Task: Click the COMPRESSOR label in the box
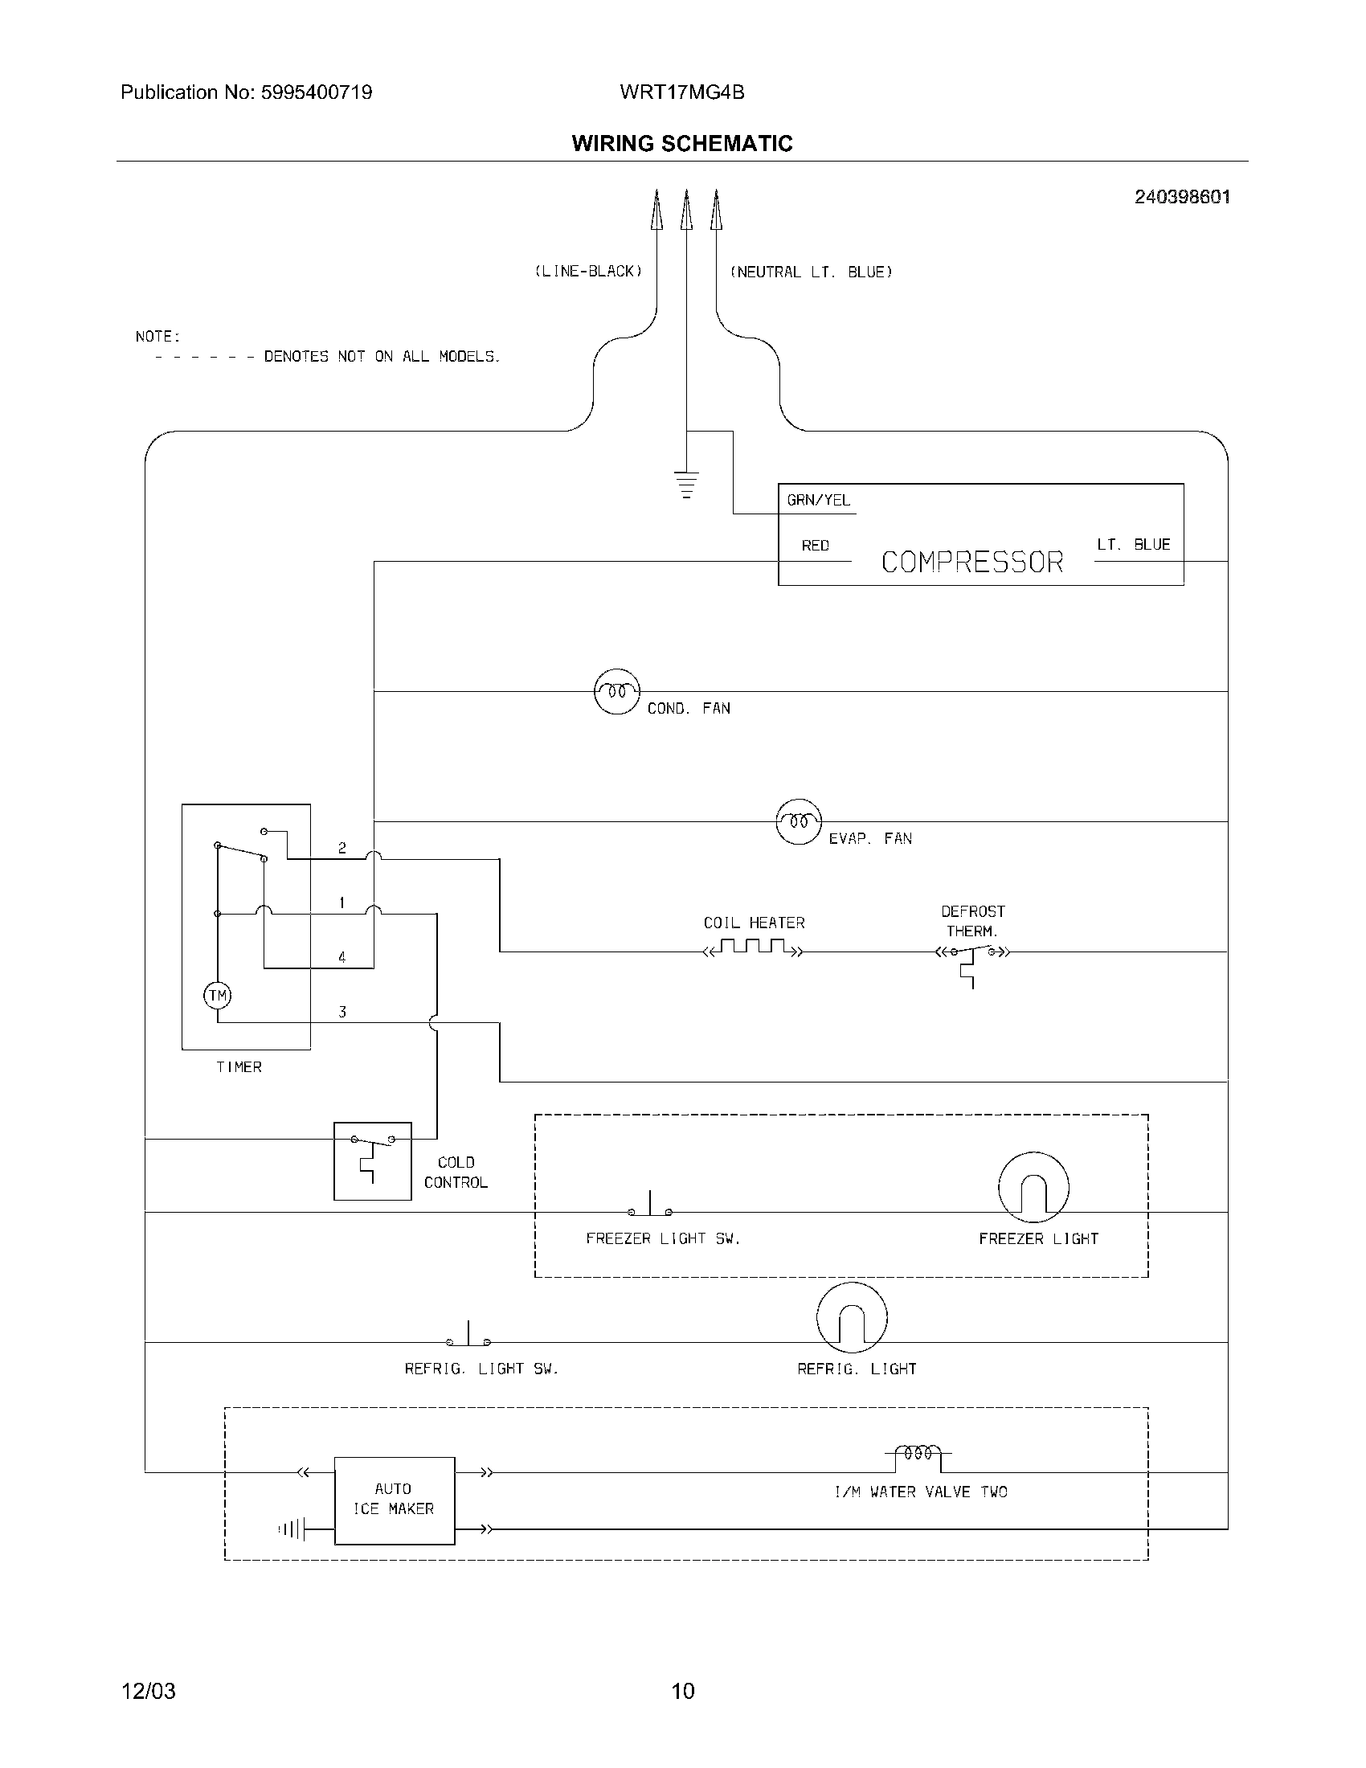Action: pos(972,562)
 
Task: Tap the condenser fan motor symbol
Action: pos(616,691)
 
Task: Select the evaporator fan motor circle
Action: pos(799,821)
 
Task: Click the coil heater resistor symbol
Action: pos(754,947)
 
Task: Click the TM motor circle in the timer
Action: pos(217,995)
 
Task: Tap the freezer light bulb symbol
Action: pos(1033,1187)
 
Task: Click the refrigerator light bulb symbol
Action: pos(851,1317)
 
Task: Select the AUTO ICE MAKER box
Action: pos(394,1500)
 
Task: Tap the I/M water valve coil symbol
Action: pos(918,1452)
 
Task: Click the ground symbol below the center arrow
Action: pos(686,483)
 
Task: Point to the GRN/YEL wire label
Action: pos(818,501)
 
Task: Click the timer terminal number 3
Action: pos(342,1012)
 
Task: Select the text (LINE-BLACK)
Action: pos(588,272)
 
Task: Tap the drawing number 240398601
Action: pos(1181,197)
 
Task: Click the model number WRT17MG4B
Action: pos(681,92)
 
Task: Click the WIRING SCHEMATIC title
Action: pos(681,143)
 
